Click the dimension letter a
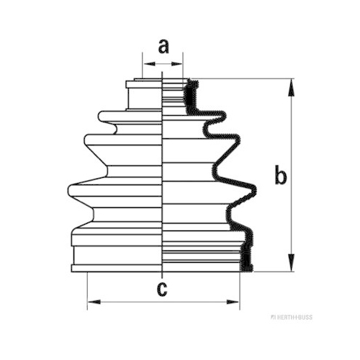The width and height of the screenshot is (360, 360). point(163,47)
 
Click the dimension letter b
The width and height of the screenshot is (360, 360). point(280,174)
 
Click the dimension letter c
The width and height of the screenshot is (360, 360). point(162,289)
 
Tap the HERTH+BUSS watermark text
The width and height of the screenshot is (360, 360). point(292,318)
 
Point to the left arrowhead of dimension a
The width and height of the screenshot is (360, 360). point(149,64)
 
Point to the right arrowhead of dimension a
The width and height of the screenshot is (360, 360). point(177,64)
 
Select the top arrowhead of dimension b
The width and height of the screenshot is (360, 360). point(292,88)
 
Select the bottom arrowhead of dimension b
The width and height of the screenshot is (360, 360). point(292,263)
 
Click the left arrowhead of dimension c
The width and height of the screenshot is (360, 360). point(94,302)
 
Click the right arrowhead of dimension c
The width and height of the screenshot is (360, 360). point(233,302)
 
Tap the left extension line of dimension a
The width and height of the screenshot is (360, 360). point(143,65)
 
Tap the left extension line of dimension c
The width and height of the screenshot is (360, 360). point(87,291)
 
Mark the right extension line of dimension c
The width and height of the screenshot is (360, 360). point(240,291)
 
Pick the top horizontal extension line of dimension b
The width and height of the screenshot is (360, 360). point(243,78)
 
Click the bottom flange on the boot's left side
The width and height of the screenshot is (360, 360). point(117,269)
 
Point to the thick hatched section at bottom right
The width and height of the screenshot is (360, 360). point(246,258)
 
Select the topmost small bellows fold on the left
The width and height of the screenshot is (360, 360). point(130,116)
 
